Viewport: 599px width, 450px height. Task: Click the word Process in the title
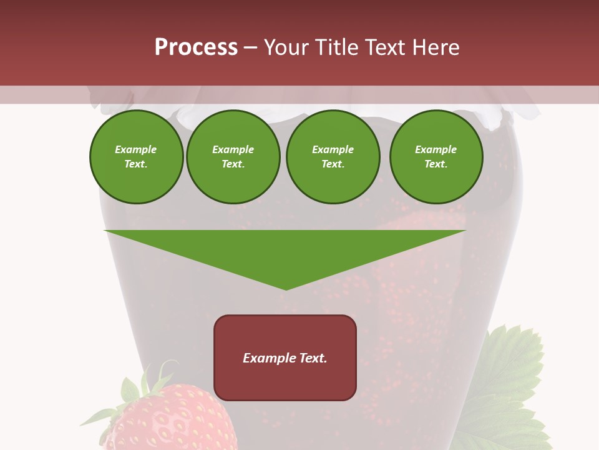coord(196,47)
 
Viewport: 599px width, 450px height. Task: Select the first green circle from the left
coord(136,157)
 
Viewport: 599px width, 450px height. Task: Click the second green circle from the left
coord(233,157)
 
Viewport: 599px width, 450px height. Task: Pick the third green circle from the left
coord(333,157)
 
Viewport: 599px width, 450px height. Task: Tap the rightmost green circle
coord(436,157)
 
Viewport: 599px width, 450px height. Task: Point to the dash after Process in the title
coord(251,48)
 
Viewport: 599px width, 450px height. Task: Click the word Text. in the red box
coord(313,358)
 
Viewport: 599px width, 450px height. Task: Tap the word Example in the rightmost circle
coord(436,149)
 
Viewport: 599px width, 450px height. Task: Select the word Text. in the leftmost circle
coord(136,164)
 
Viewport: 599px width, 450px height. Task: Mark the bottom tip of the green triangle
coord(286,289)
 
